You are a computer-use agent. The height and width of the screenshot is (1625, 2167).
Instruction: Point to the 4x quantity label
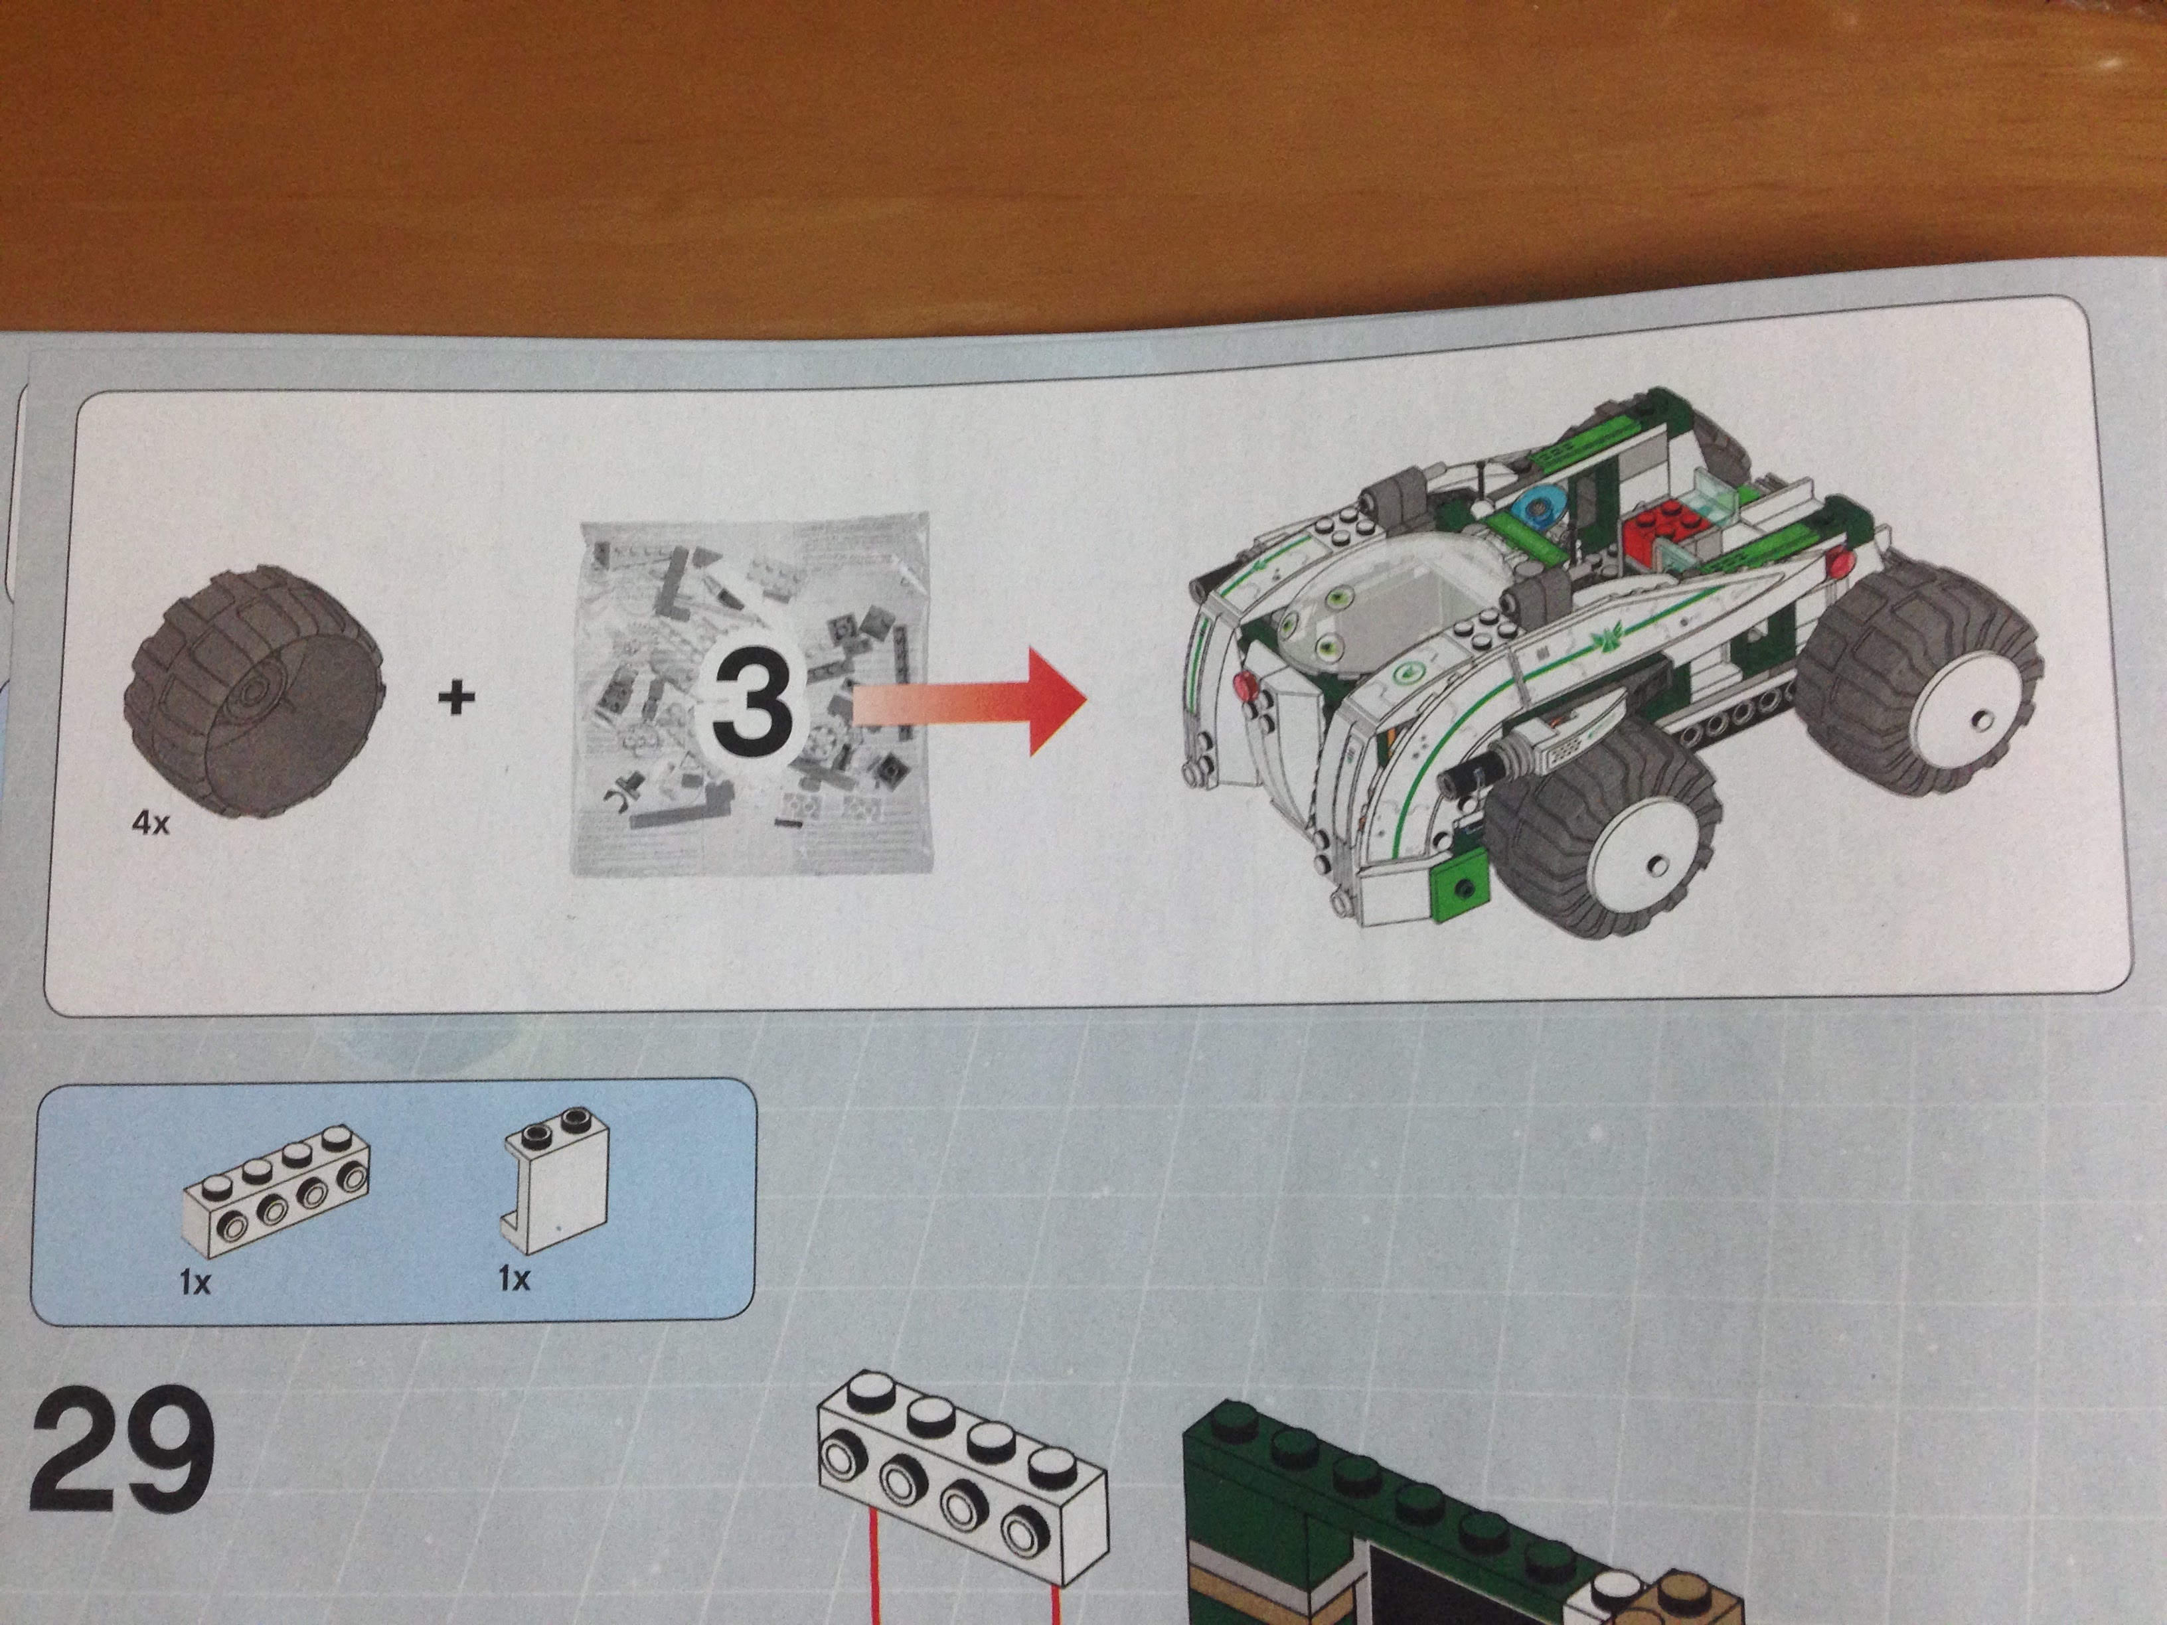(x=150, y=822)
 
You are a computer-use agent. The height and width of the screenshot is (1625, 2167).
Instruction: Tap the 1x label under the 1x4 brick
(x=195, y=1281)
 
